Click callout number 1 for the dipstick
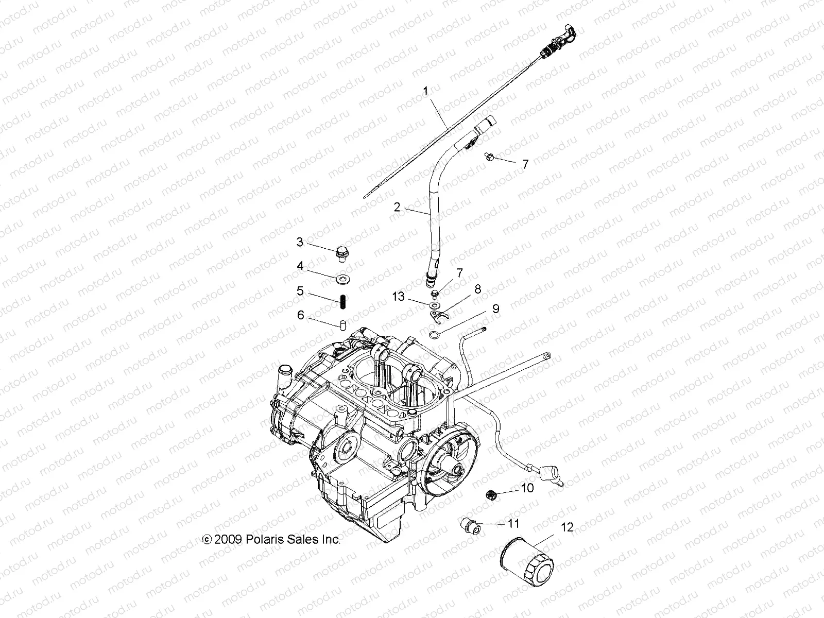pos(440,92)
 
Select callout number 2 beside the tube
pos(397,207)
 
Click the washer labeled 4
pos(341,279)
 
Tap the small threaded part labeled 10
pos(492,495)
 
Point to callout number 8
pos(477,289)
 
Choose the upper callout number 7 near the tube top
pos(525,164)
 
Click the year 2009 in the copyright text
pos(230,540)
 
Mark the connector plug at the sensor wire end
pos(547,471)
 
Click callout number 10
pos(527,488)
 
